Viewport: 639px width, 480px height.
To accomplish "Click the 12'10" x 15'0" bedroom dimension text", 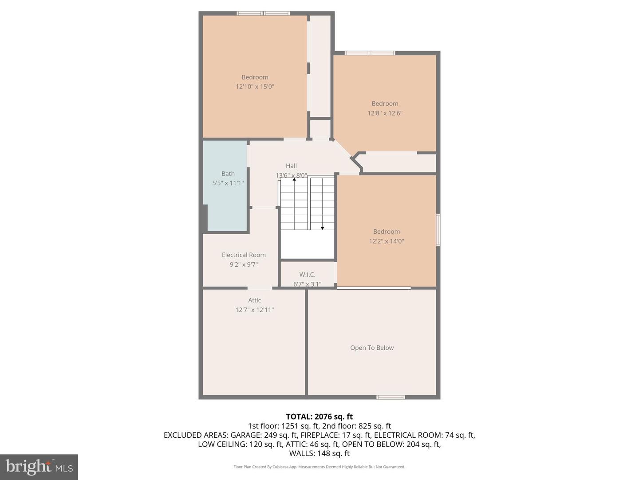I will click(x=255, y=87).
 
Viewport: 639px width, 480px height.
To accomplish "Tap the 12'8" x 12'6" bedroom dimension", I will click(x=385, y=113).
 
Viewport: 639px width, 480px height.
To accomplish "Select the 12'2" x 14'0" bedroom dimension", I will click(x=387, y=241).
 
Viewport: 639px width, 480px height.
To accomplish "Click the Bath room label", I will click(x=228, y=174).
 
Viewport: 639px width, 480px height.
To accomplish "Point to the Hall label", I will click(x=291, y=166).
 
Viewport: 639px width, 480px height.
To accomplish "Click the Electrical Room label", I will click(x=244, y=255).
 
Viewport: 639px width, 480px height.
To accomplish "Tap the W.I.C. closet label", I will click(x=307, y=275).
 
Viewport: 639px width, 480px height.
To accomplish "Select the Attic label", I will click(x=254, y=300).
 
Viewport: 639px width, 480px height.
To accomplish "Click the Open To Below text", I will click(x=372, y=348).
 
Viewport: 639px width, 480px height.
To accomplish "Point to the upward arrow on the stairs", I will click(x=294, y=179).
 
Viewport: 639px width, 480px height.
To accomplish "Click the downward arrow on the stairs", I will click(x=323, y=228).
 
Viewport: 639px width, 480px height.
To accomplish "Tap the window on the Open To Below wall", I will click(x=390, y=397).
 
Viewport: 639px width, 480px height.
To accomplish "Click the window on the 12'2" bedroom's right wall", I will click(x=438, y=230).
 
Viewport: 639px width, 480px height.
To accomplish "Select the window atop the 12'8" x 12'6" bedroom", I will click(x=370, y=53).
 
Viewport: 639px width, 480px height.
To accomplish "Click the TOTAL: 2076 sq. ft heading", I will click(x=319, y=417).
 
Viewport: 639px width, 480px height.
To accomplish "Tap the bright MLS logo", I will click(x=39, y=467).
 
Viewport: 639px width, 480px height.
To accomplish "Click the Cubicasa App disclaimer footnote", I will click(x=319, y=467).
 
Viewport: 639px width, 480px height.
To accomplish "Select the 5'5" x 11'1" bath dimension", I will click(x=228, y=183).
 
